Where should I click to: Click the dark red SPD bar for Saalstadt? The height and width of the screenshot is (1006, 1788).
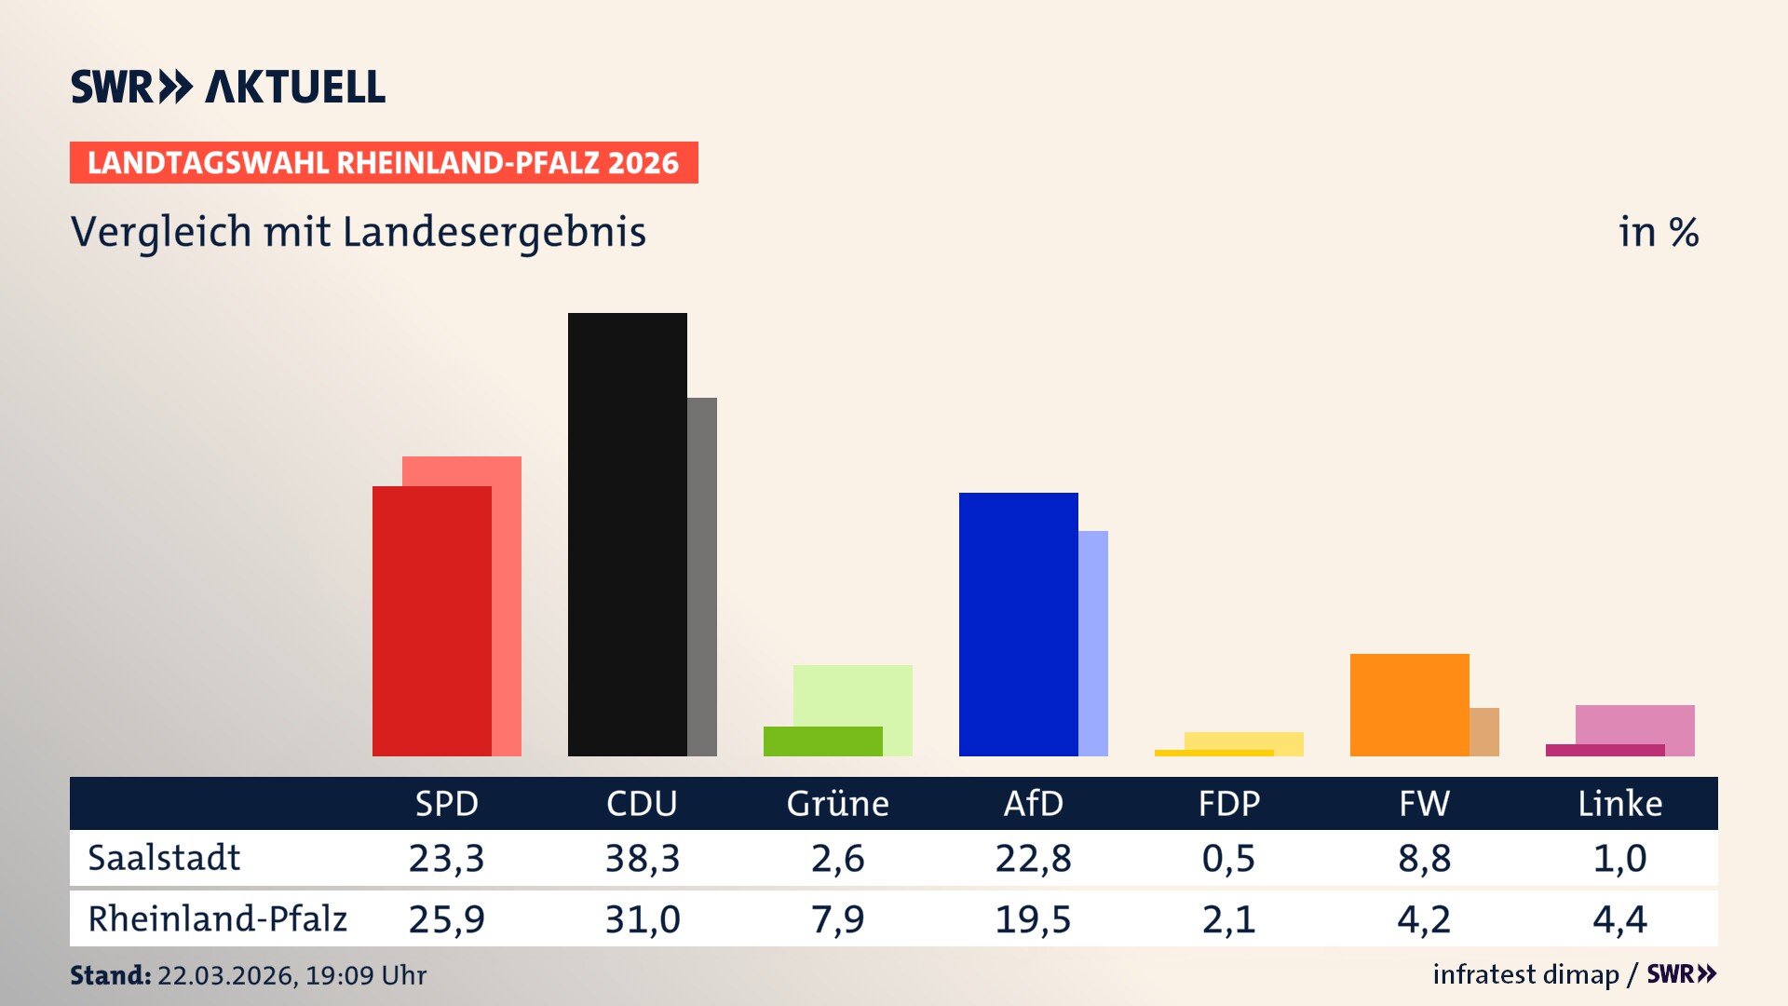431,620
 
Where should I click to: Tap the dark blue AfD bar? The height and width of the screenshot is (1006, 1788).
1018,624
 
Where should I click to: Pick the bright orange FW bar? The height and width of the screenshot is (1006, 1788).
1409,704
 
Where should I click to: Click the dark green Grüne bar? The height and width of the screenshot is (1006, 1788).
822,741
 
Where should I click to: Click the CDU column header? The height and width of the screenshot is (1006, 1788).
642,804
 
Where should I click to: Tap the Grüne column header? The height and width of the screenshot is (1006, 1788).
837,804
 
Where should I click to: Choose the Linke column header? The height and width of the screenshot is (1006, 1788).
1619,804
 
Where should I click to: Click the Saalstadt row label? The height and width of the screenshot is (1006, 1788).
164,858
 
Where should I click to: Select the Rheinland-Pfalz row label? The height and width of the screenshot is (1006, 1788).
217,919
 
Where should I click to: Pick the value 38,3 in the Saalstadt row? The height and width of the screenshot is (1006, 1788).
642,858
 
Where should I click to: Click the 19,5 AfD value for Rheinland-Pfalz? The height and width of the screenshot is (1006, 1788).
1033,919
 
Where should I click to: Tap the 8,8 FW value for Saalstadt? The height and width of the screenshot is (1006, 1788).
1424,858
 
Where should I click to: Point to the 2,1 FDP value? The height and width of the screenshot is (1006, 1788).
1228,919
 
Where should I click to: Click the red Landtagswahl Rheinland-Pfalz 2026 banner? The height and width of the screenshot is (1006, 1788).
384,163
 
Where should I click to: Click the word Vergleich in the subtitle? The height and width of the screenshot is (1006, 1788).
161,232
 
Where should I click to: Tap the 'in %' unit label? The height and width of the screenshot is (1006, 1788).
1658,232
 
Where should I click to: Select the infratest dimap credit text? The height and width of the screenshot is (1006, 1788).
1525,974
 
